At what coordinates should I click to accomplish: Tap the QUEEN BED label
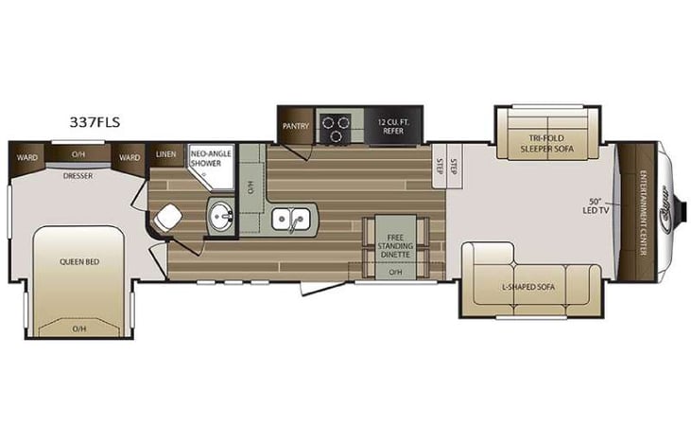point(79,262)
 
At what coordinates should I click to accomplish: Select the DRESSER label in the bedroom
point(78,175)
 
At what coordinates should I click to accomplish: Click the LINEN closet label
point(166,154)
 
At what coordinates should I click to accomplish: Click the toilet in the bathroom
point(167,219)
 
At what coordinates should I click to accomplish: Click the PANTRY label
point(295,124)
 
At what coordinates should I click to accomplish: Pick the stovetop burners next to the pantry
point(335,125)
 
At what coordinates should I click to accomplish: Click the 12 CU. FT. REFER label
point(392,125)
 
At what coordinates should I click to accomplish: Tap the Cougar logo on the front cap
point(668,201)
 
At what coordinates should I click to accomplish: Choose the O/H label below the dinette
point(394,273)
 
